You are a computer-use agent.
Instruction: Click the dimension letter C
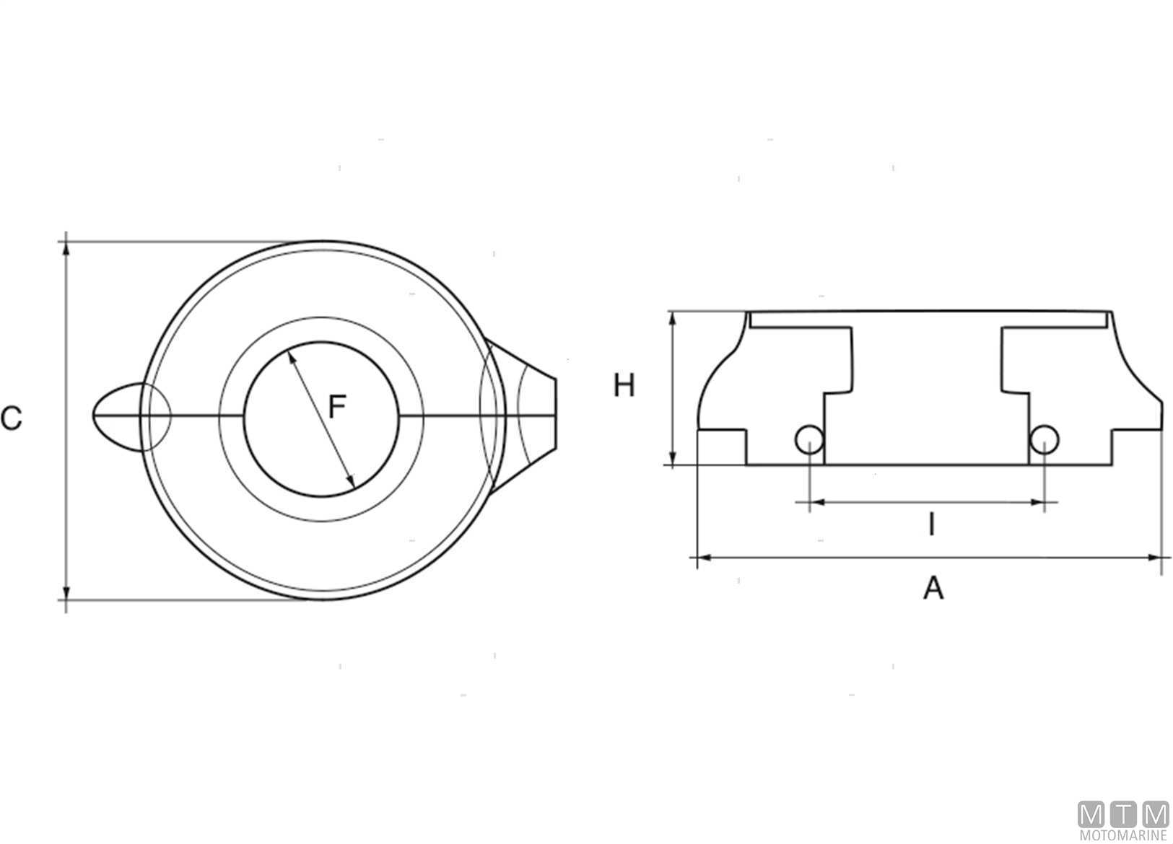(11, 418)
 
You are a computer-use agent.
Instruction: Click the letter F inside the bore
(336, 407)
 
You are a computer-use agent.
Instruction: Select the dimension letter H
(624, 385)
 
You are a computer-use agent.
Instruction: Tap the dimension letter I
(932, 524)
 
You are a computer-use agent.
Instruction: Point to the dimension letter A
(933, 588)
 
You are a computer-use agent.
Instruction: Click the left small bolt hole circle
(810, 439)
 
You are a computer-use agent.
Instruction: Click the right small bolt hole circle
(1045, 439)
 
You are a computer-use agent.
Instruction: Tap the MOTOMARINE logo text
(1123, 835)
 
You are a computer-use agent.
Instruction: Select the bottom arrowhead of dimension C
(66, 592)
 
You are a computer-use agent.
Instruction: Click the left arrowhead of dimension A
(705, 558)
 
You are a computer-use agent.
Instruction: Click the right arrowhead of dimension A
(1155, 558)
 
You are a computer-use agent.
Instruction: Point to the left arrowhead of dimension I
(817, 502)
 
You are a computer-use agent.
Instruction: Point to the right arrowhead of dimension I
(1037, 502)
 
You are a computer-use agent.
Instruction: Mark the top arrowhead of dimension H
(673, 319)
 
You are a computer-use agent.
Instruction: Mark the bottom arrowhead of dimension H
(673, 457)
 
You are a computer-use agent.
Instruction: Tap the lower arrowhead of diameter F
(352, 481)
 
